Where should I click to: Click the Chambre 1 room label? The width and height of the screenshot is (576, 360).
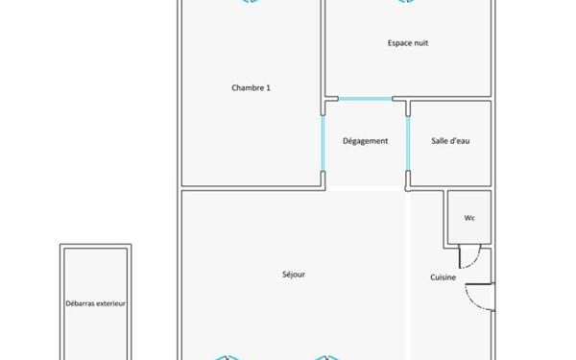point(251,88)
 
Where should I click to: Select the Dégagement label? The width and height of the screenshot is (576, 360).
point(365,141)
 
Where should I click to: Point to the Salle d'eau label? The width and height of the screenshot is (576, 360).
point(449,141)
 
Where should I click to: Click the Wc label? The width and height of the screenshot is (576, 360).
point(469,218)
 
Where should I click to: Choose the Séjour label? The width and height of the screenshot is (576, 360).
point(294,275)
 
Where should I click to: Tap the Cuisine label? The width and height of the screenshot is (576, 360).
point(443,278)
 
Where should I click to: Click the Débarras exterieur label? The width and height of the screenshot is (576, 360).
point(96,303)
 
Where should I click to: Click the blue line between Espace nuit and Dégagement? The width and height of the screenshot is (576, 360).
point(365,98)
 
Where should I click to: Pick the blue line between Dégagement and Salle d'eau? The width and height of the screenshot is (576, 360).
point(408,142)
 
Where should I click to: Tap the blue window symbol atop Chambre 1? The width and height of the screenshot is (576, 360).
point(250,2)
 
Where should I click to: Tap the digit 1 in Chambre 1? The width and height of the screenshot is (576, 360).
point(268,88)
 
